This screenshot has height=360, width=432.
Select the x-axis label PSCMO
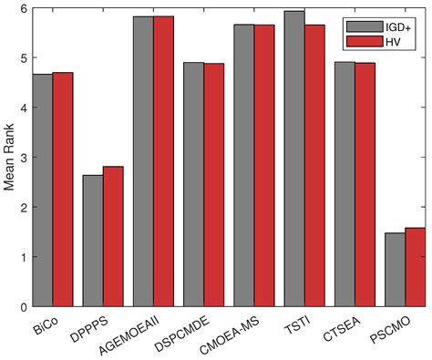(x=393, y=327)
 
